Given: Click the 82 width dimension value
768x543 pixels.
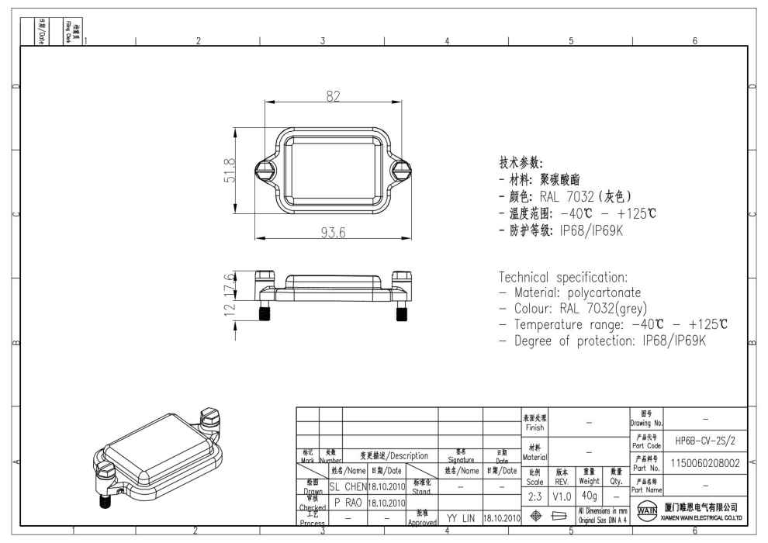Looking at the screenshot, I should [333, 95].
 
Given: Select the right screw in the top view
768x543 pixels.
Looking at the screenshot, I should [401, 169].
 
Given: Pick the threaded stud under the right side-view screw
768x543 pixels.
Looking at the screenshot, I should [402, 313].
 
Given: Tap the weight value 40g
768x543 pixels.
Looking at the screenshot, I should [589, 496].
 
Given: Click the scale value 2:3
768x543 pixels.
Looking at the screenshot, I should [534, 496].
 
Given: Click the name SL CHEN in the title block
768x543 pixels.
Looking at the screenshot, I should [344, 487].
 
